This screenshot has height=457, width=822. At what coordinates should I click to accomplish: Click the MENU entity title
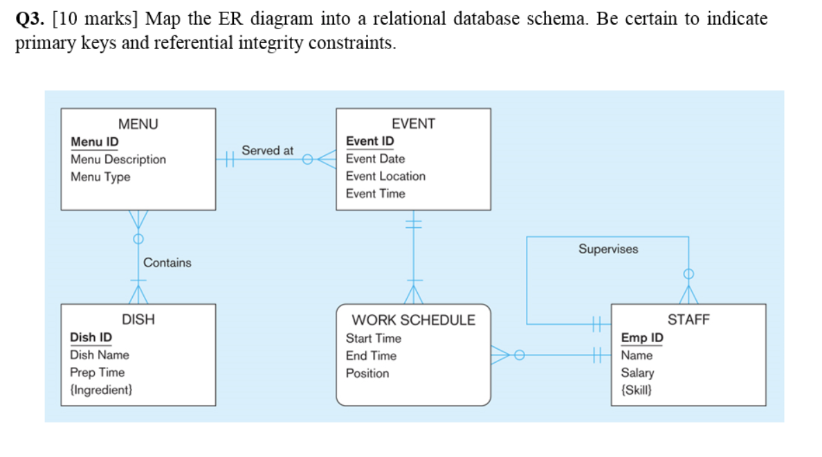[x=138, y=125]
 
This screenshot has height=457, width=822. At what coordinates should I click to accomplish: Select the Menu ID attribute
[x=94, y=142]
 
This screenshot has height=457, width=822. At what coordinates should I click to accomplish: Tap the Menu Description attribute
[x=118, y=159]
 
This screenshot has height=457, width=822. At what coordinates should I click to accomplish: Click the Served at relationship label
[x=267, y=150]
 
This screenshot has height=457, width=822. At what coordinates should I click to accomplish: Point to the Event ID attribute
[x=370, y=141]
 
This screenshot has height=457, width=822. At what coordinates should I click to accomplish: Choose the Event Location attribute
[x=385, y=176]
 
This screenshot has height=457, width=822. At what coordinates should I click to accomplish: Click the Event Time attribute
[x=375, y=193]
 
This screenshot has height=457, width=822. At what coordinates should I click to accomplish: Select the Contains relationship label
[x=167, y=262]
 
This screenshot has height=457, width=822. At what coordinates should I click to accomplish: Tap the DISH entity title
[x=138, y=320]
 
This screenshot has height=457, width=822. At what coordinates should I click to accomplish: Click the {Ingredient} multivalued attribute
[x=101, y=390]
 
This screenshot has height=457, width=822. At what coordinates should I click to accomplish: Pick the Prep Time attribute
[x=98, y=373]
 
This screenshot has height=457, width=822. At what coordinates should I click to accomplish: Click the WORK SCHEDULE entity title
[x=414, y=320]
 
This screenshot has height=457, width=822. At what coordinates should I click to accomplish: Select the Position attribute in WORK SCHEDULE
[x=367, y=373]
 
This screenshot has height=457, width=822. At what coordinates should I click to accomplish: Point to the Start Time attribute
[x=373, y=339]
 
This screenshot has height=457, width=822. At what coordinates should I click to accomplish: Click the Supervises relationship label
[x=608, y=249]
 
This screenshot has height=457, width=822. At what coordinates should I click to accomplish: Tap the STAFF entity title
[x=688, y=320]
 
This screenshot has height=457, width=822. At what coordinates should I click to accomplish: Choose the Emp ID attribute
[x=641, y=338]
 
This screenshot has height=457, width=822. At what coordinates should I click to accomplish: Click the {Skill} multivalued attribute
[x=635, y=390]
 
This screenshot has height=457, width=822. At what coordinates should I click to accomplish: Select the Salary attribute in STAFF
[x=637, y=373]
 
